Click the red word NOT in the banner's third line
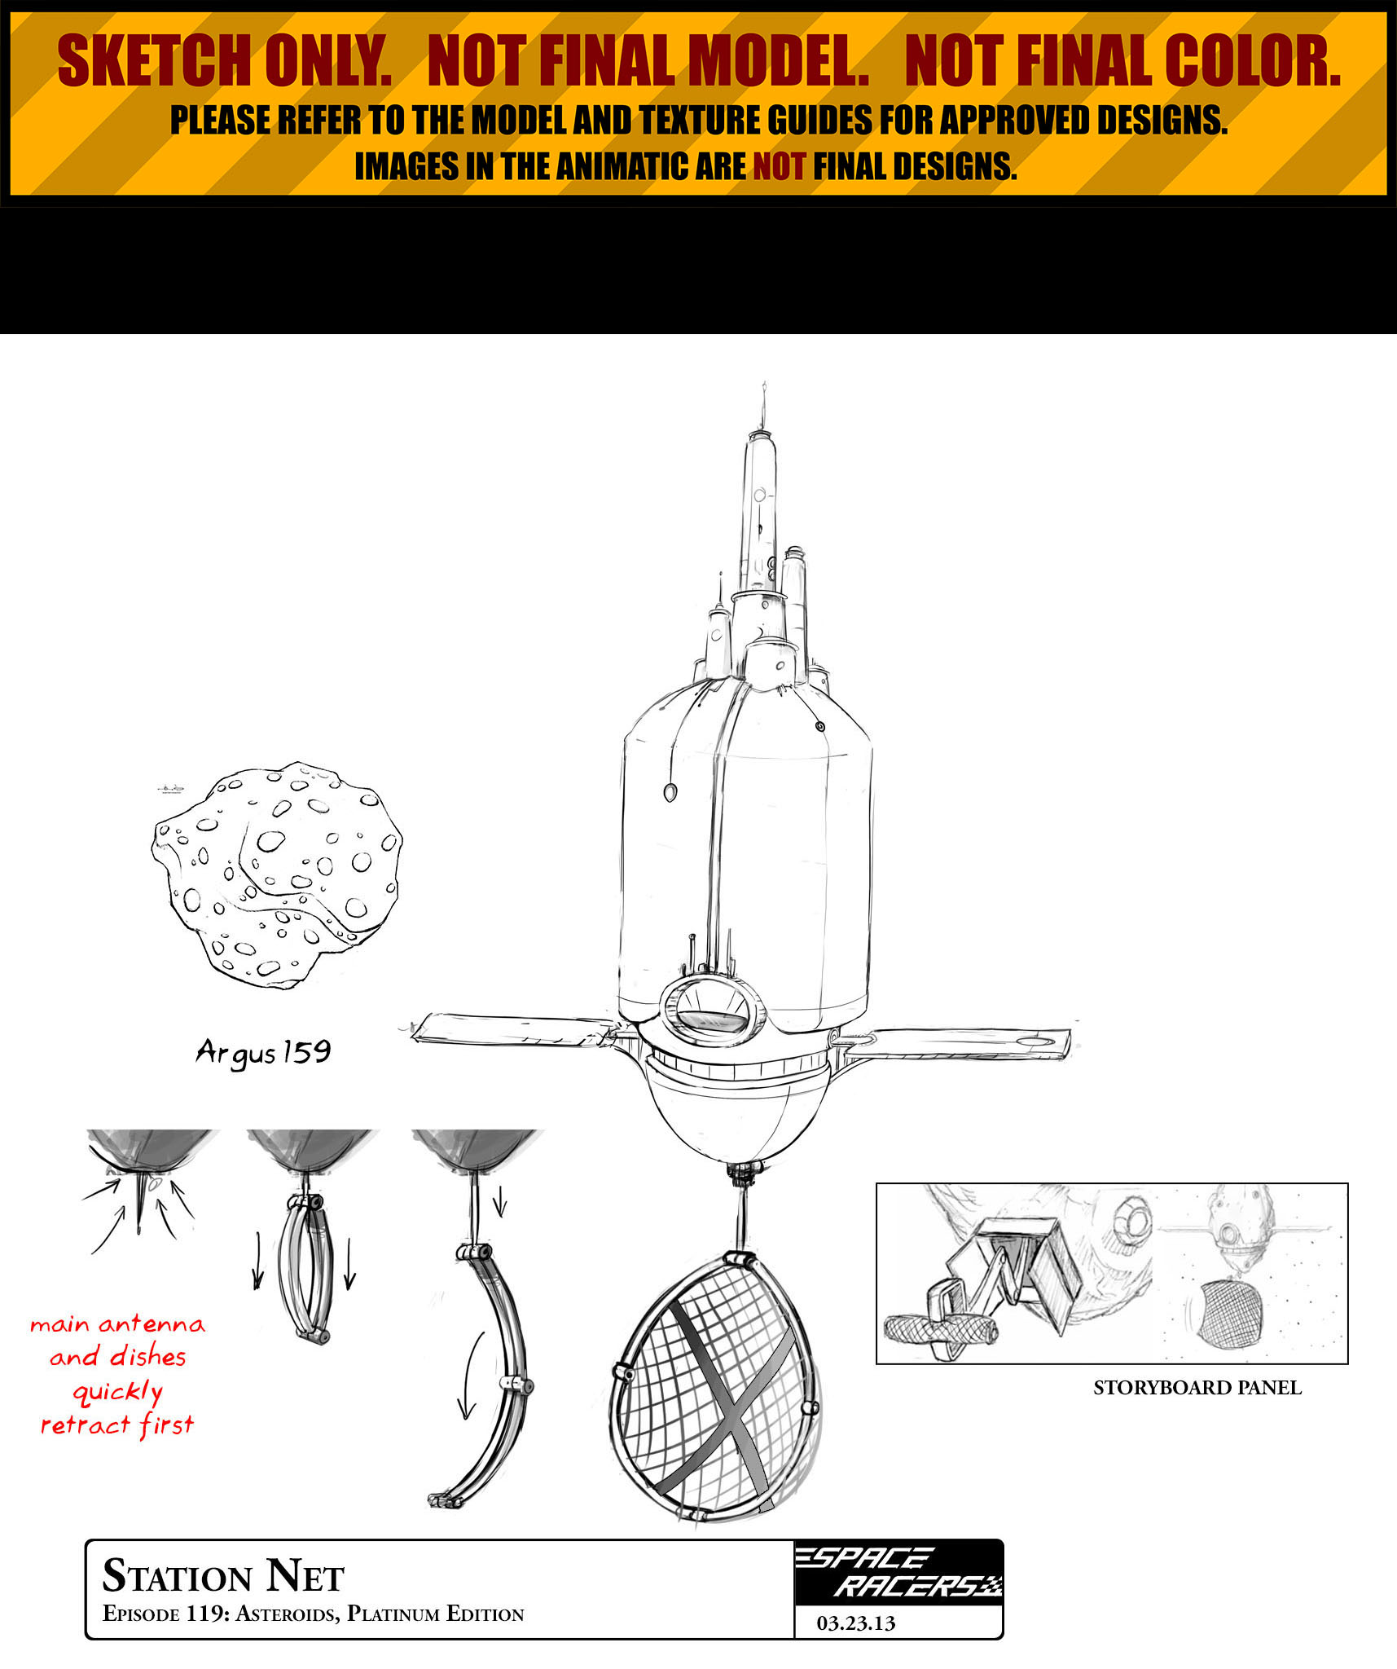(x=779, y=166)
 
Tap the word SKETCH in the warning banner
(x=154, y=62)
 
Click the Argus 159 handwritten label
(x=263, y=1052)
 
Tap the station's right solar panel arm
(x=957, y=1042)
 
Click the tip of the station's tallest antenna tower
(x=764, y=382)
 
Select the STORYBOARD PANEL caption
(x=1197, y=1388)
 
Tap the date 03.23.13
(x=856, y=1623)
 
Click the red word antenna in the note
(x=152, y=1324)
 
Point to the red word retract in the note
(x=86, y=1425)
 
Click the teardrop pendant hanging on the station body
(x=670, y=791)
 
